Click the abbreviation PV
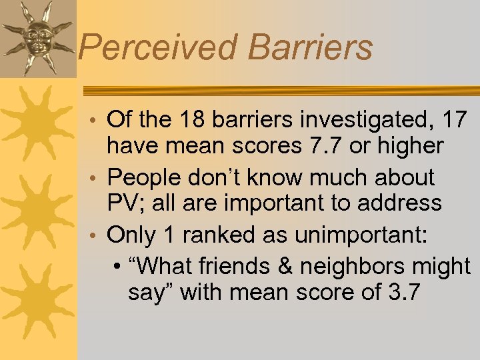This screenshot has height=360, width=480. pos(122,202)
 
